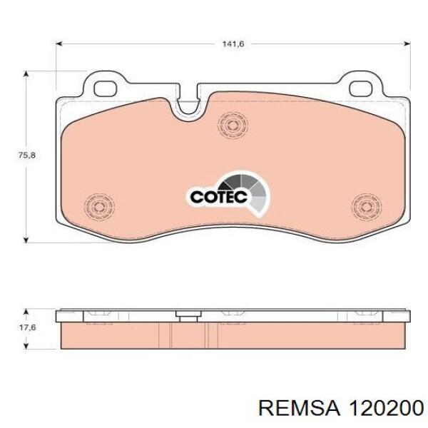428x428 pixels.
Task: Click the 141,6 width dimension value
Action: tap(233, 44)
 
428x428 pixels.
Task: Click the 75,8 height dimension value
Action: tap(26, 156)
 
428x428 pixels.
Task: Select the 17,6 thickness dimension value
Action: tap(27, 327)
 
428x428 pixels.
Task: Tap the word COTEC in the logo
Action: tap(219, 197)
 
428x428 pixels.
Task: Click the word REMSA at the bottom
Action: tap(300, 416)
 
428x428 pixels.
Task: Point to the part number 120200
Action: tap(386, 416)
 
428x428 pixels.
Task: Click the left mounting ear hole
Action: tap(106, 88)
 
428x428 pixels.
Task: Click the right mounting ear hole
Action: tap(361, 88)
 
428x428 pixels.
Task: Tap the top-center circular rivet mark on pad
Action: tap(233, 125)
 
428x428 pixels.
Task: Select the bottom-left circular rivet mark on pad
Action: tap(99, 206)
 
